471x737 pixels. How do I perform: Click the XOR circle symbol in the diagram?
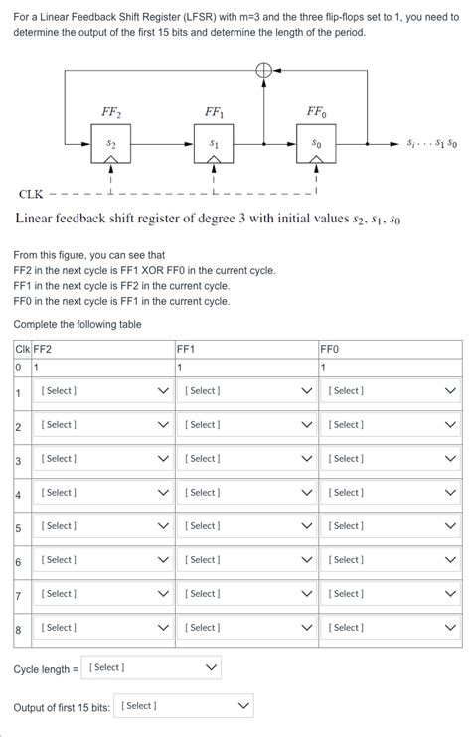[x=264, y=71]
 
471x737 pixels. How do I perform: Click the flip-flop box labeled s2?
[x=110, y=145]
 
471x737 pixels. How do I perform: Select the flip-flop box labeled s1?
[x=214, y=145]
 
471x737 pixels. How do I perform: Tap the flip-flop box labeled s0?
[x=316, y=145]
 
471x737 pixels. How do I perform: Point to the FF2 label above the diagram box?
[x=111, y=111]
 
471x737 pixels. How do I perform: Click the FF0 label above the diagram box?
[x=316, y=111]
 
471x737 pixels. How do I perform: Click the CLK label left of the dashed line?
[x=31, y=194]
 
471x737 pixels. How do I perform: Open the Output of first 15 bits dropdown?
[x=185, y=706]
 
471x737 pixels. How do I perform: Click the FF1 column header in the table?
[x=186, y=349]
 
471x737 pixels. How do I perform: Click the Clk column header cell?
[x=22, y=349]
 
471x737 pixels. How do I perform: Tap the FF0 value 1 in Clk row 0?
[x=323, y=368]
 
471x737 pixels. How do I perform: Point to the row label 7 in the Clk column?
[x=18, y=595]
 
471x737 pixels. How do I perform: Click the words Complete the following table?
[x=78, y=325]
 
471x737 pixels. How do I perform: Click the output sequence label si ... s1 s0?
[x=431, y=144]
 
